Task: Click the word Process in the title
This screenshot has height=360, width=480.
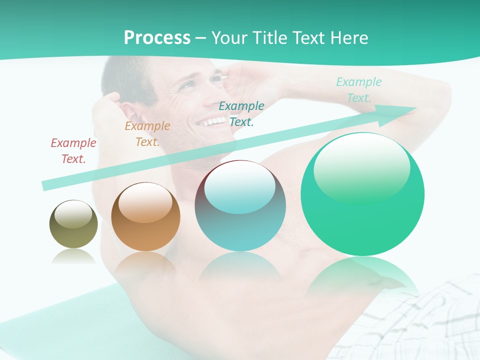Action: [x=157, y=37]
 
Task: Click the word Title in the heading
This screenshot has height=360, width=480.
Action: [x=269, y=37]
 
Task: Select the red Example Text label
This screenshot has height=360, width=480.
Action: [x=73, y=150]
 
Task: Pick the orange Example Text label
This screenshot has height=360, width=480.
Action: [x=147, y=133]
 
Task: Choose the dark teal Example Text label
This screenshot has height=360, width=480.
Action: [x=241, y=113]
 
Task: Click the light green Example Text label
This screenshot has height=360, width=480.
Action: [x=358, y=89]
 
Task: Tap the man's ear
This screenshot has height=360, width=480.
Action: [x=127, y=111]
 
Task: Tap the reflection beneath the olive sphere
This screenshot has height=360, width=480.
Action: [x=73, y=257]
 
